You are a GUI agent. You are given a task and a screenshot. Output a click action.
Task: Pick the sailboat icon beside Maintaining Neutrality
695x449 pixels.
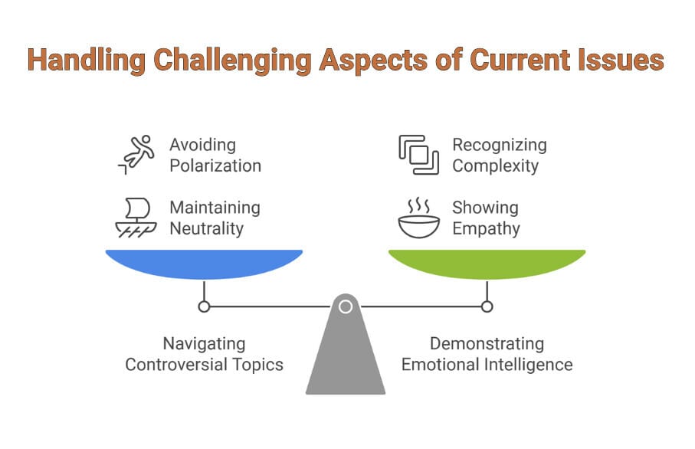coord(135,218)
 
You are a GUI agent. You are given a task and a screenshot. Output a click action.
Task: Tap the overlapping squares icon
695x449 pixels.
coord(418,154)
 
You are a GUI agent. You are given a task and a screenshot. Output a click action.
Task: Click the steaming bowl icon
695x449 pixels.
coord(418,218)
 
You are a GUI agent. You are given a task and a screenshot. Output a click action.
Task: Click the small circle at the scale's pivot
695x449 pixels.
coord(346,307)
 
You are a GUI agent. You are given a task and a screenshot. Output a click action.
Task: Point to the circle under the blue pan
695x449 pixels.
coord(204,307)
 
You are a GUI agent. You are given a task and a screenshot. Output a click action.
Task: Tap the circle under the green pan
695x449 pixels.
coord(487,307)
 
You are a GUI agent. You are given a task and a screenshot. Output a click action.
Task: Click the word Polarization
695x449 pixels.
coord(215,166)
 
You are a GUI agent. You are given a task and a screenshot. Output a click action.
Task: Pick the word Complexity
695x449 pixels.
coord(496,166)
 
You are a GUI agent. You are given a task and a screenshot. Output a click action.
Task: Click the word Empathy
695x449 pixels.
coord(486,228)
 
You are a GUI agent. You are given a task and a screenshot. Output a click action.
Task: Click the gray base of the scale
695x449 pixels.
coord(346,360)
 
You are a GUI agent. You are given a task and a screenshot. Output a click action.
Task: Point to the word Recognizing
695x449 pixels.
coord(500,145)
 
